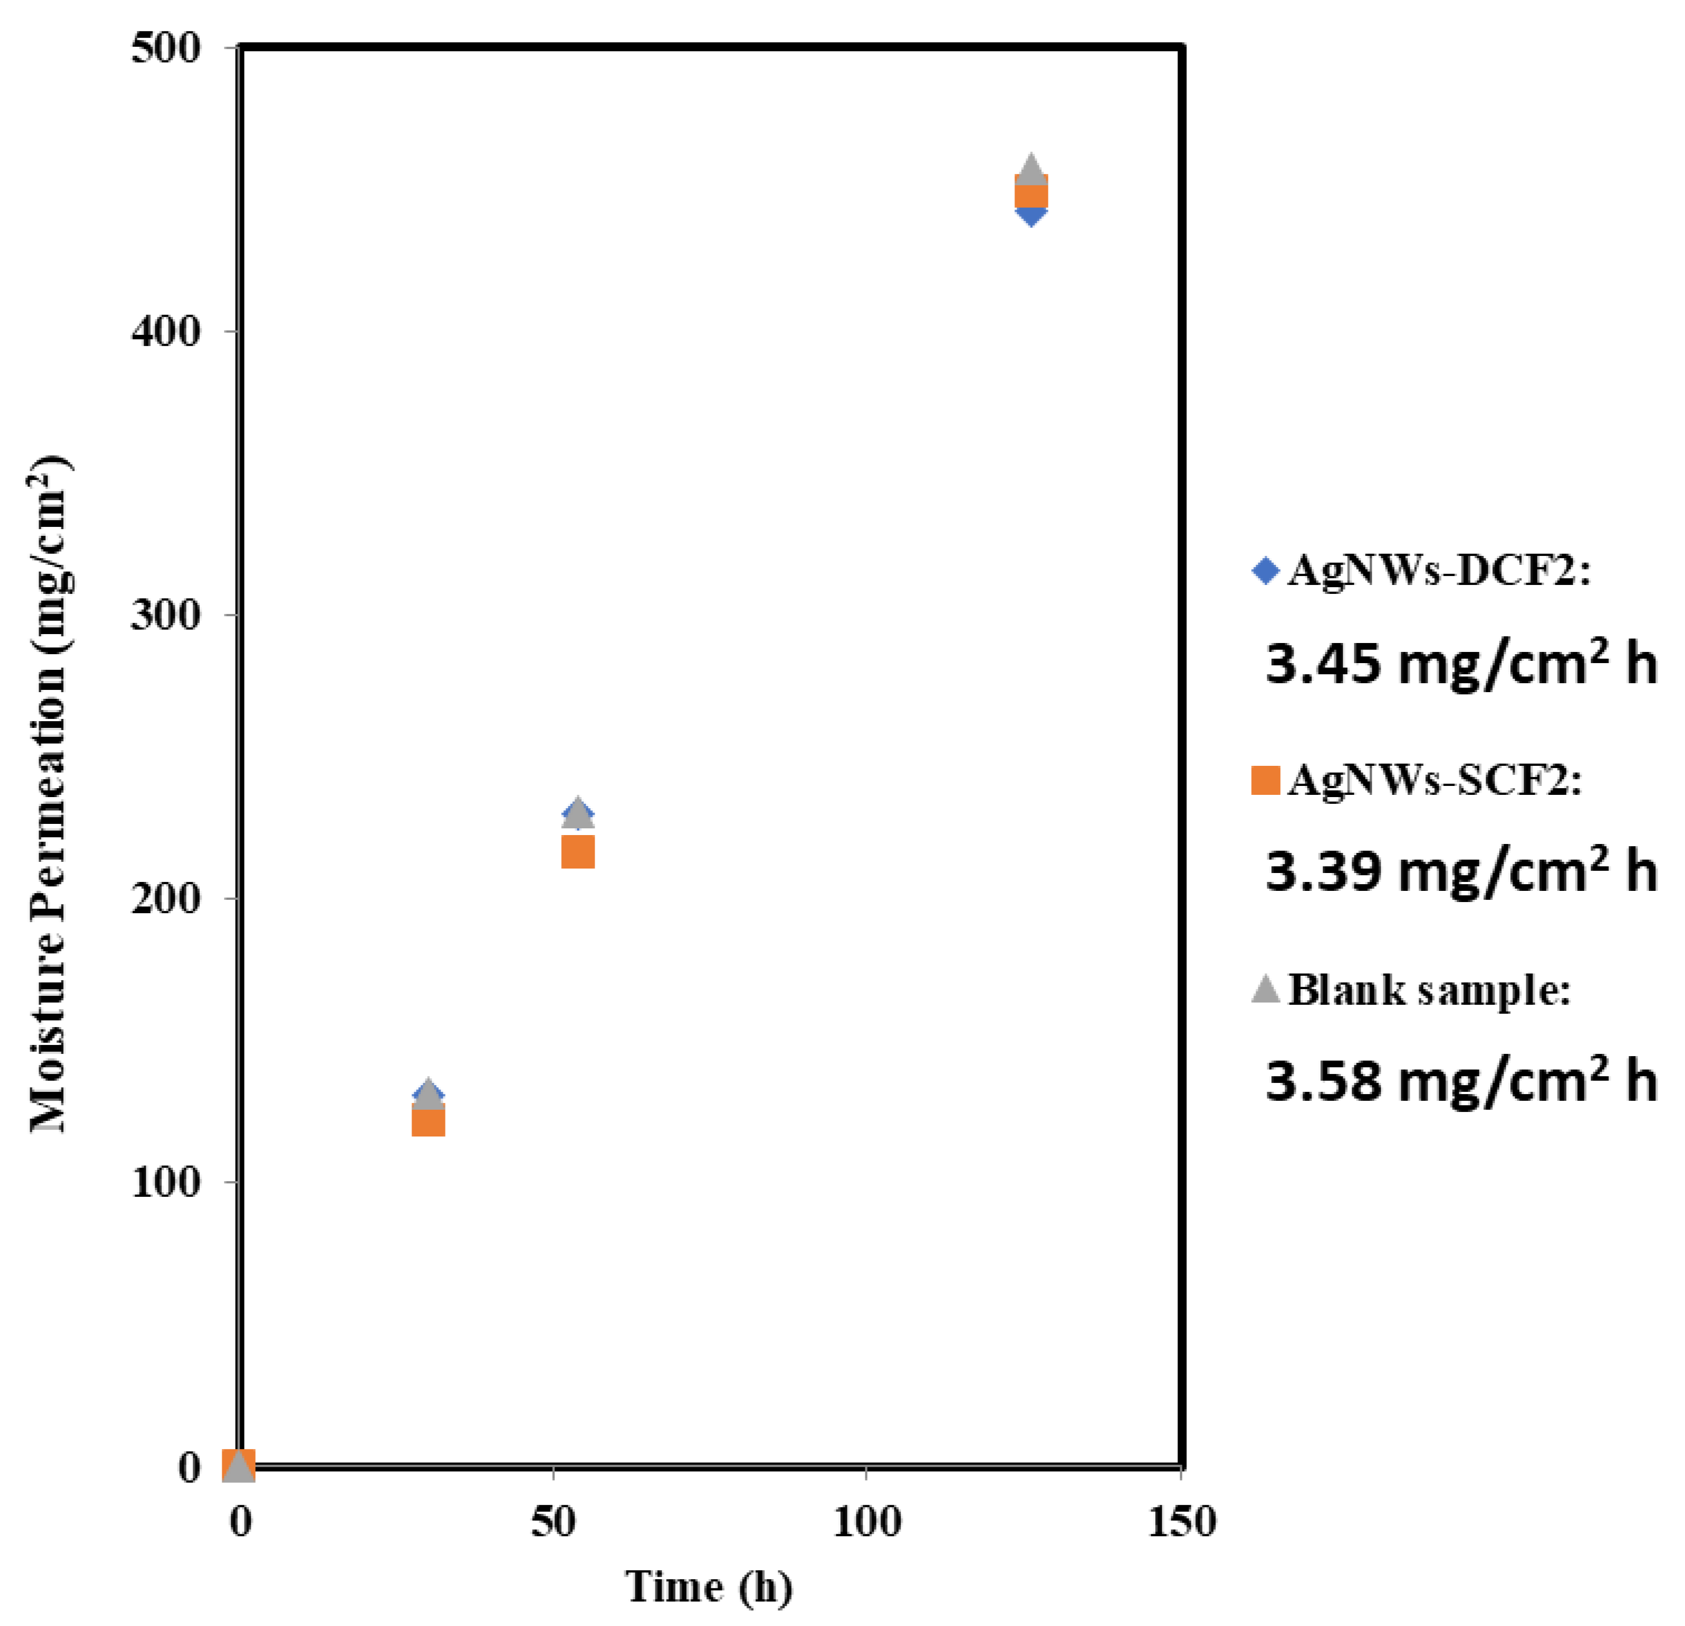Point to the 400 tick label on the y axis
165,331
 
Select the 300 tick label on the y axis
165,615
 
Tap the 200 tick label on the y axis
165,898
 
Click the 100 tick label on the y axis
165,1182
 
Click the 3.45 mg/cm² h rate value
1460,664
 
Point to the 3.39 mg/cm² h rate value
1460,871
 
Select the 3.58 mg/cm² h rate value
1460,1080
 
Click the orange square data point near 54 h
578,852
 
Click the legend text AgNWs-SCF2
1434,780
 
